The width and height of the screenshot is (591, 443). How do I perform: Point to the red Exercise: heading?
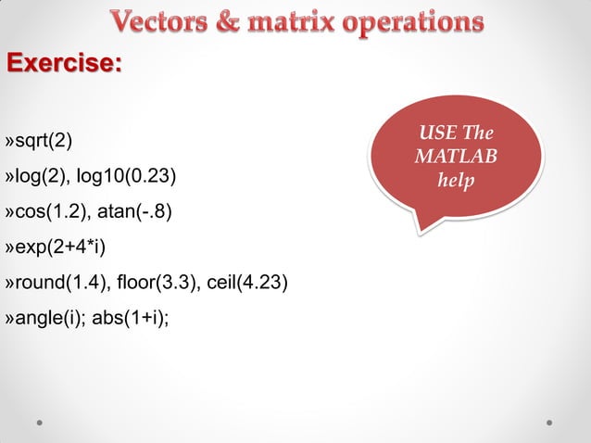(64, 64)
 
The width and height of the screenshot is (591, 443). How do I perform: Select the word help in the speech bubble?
(455, 179)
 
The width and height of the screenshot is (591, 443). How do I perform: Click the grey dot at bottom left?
(42, 422)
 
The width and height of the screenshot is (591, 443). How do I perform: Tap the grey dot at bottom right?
(549, 422)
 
